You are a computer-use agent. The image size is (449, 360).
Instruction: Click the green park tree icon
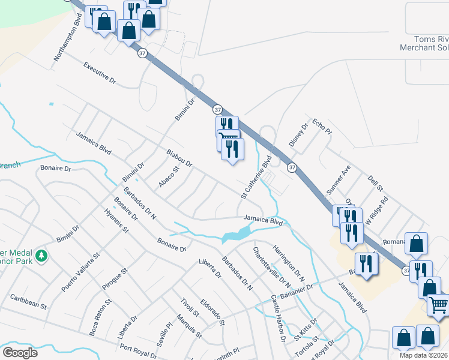point(41,256)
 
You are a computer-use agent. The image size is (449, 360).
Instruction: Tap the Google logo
point(20,352)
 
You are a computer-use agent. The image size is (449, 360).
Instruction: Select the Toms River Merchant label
point(424,43)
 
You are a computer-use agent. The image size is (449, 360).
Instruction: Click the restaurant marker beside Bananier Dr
point(366,263)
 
